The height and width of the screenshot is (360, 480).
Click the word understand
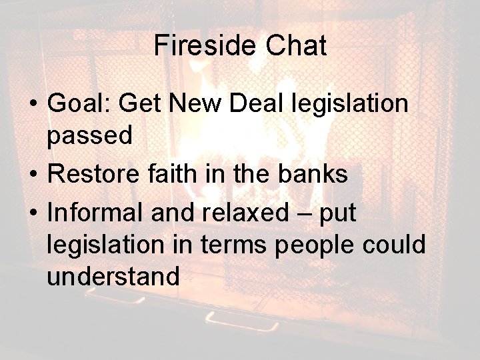click(113, 276)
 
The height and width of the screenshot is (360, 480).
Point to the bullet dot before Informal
click(32, 215)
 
